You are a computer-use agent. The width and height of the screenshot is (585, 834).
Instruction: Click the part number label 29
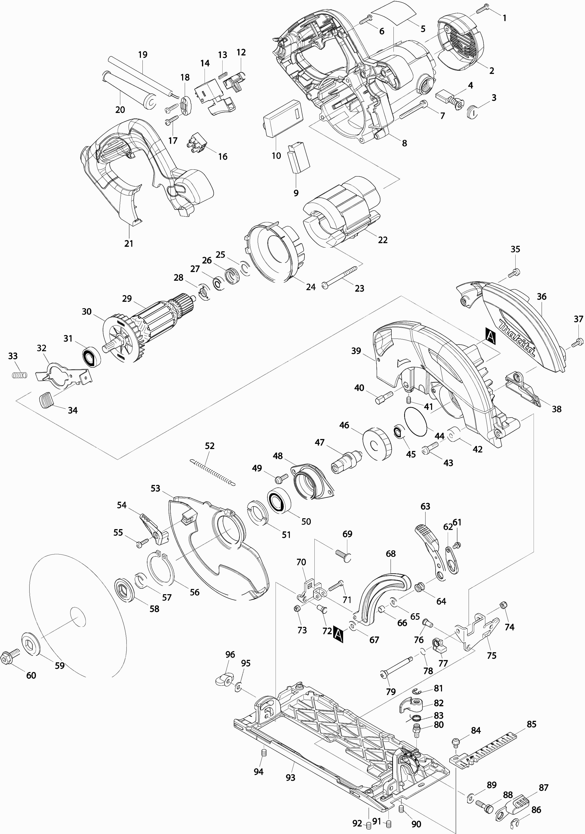[x=127, y=299]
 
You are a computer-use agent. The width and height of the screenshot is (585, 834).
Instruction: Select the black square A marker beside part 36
[x=490, y=335]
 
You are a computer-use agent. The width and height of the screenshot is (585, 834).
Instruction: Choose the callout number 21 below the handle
[x=129, y=243]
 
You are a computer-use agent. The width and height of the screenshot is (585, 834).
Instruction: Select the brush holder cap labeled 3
[x=472, y=111]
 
